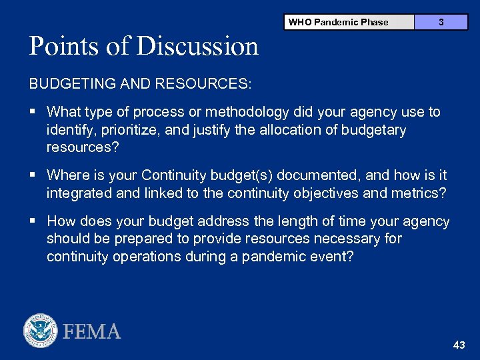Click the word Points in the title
(63, 47)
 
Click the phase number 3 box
(441, 22)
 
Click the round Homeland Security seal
(41, 331)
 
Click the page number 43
(459, 345)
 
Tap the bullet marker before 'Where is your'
(33, 175)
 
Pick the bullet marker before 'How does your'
(33, 221)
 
